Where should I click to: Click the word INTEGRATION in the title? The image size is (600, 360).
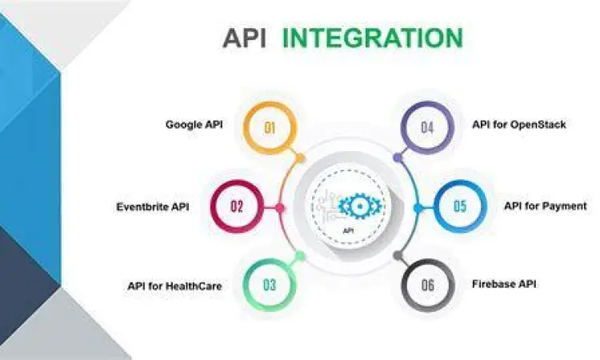coord(373,38)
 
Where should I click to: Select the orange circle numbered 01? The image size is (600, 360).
coord(270,126)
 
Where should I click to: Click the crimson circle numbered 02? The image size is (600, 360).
coord(237,206)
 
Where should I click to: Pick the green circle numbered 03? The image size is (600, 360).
coord(270,285)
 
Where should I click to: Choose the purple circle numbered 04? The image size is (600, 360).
coord(426,126)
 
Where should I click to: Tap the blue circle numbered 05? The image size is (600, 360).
coord(459,206)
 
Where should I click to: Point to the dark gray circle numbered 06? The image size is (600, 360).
coord(426,285)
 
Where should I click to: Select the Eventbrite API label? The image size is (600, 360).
coord(152,206)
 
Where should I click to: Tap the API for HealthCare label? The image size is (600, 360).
coord(174,285)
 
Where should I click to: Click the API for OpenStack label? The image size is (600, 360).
coord(519,125)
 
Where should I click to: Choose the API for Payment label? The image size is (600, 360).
coord(546,206)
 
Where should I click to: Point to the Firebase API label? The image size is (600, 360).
coord(504,284)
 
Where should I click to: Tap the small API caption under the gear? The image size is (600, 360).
coord(348,230)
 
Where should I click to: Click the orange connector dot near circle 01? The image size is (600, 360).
coord(300,158)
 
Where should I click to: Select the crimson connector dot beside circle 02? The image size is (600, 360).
coord(280,207)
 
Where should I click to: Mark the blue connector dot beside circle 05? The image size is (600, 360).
coord(417,207)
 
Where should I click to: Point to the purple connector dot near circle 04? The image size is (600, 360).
coord(397,158)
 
